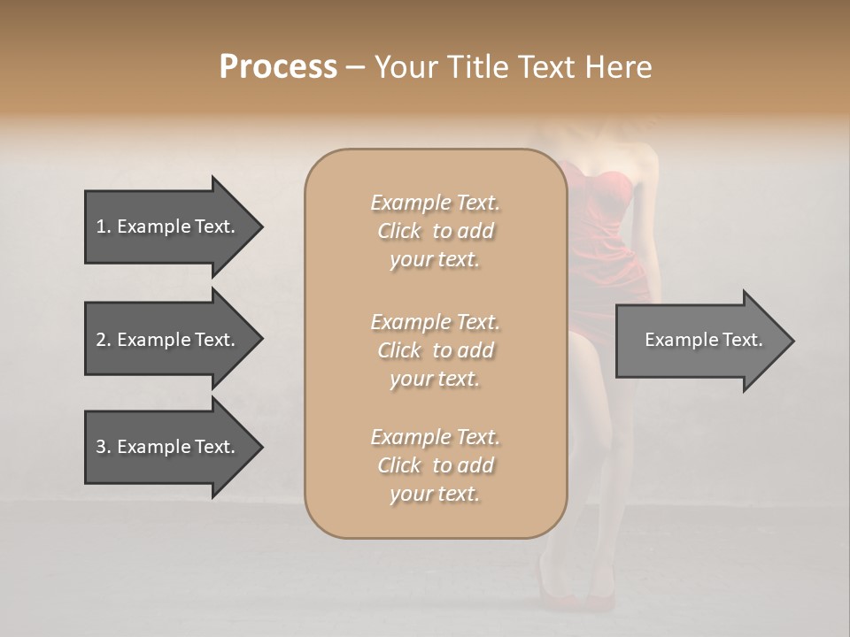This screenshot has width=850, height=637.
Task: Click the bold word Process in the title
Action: point(278,67)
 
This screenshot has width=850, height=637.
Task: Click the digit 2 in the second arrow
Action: point(100,340)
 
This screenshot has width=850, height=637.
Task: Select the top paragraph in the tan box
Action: point(435,231)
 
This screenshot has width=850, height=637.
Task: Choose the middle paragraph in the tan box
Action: point(435,350)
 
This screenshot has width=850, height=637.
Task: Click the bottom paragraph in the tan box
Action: point(435,465)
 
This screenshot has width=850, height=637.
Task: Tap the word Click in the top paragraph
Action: point(399,231)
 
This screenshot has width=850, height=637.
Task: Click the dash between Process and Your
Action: point(356,67)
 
